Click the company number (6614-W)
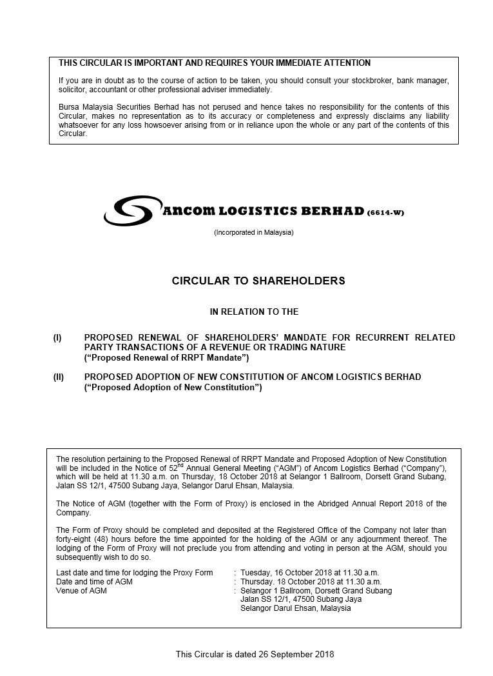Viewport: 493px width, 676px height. click(385, 213)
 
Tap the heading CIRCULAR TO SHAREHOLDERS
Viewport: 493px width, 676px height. click(258, 281)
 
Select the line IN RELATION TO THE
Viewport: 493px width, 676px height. click(254, 312)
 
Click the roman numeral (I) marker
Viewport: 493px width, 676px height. click(57, 337)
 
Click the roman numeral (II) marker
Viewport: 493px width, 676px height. click(58, 377)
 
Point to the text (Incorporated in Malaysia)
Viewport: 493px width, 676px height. click(253, 232)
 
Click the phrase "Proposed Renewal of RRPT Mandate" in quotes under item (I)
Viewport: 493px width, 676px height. click(166, 357)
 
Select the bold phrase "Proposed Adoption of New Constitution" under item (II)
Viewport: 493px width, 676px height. click(173, 387)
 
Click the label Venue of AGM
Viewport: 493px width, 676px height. click(81, 590)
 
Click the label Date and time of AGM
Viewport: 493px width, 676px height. click(94, 581)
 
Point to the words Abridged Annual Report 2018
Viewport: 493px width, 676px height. click(367, 504)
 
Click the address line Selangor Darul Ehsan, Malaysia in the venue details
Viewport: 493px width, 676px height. click(295, 608)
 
